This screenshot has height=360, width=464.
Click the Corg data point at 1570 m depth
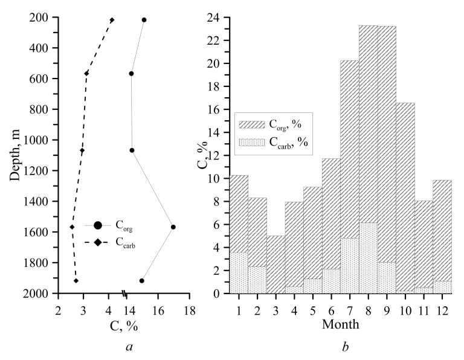[x=173, y=227]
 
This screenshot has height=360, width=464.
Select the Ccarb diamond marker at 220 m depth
[x=112, y=20]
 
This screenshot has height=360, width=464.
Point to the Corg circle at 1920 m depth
[x=142, y=281]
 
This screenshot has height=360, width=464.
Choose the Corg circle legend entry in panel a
[x=97, y=225]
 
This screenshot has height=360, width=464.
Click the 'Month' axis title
[x=340, y=325]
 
